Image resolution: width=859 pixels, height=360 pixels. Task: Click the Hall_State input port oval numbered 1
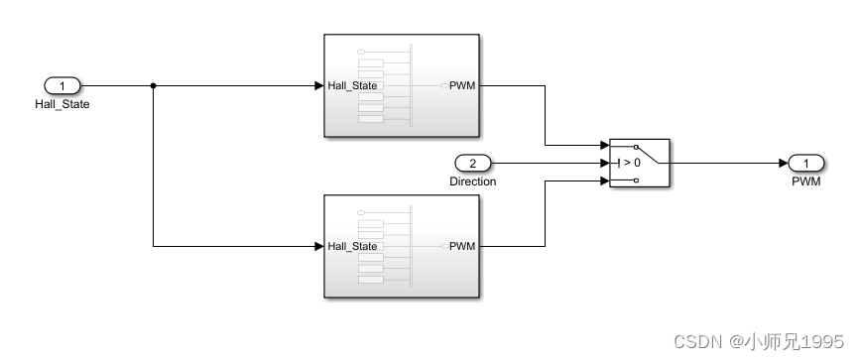62,85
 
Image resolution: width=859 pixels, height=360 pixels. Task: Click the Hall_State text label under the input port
62,103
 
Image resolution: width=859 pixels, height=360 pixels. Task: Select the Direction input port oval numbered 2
472,163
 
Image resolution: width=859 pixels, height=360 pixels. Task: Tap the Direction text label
472,181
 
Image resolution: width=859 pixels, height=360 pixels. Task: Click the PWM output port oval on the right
805,163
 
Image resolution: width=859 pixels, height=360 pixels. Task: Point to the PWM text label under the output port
805,181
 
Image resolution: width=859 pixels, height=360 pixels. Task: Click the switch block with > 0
640,163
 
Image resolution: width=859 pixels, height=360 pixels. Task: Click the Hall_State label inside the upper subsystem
352,86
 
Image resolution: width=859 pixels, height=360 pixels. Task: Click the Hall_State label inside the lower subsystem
352,247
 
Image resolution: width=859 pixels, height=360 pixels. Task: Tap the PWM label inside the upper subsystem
462,86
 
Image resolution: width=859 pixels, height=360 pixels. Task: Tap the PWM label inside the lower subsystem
462,247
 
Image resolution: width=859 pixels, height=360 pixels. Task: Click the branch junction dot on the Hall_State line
153,85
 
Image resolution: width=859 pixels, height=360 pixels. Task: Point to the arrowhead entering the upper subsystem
318,85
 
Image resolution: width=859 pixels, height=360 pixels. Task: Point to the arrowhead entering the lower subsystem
318,246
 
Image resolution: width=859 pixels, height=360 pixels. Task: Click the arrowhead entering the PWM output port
782,163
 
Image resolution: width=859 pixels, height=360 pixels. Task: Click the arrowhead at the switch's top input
604,146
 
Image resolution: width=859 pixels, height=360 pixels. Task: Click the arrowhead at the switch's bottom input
604,180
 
